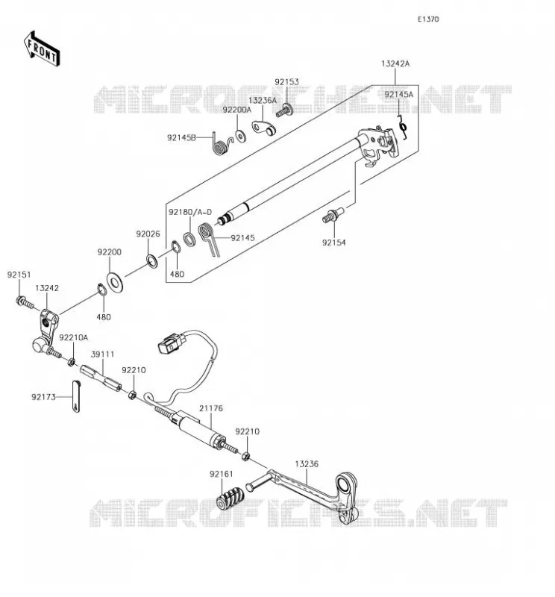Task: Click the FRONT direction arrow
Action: pos(42,49)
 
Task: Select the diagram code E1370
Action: pos(428,19)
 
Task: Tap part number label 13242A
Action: pos(395,63)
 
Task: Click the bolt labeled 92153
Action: pos(284,110)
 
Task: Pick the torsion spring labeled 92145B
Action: pos(222,143)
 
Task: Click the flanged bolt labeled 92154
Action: pos(332,215)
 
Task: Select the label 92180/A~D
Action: pos(190,212)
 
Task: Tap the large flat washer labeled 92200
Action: pos(115,282)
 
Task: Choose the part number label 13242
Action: pos(47,288)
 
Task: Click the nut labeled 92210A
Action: pos(71,362)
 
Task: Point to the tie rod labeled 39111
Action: pos(101,378)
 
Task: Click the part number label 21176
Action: pos(211,408)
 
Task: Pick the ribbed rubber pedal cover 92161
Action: pos(230,498)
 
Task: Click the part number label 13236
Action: pos(307,464)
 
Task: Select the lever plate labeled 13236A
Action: pos(264,128)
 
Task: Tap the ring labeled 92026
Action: pos(152,260)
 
